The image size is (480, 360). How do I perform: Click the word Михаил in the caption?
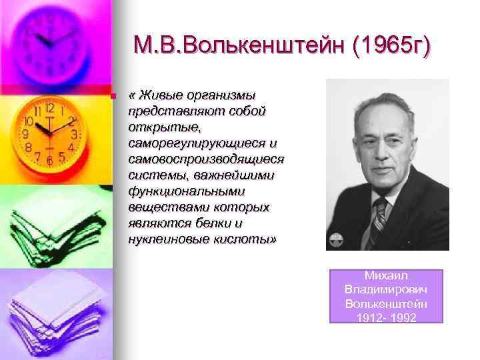pyautogui.click(x=385, y=275)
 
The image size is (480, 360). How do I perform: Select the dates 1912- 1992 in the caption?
pyautogui.click(x=385, y=317)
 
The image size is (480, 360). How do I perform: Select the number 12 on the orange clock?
pyautogui.click(x=50, y=108)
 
